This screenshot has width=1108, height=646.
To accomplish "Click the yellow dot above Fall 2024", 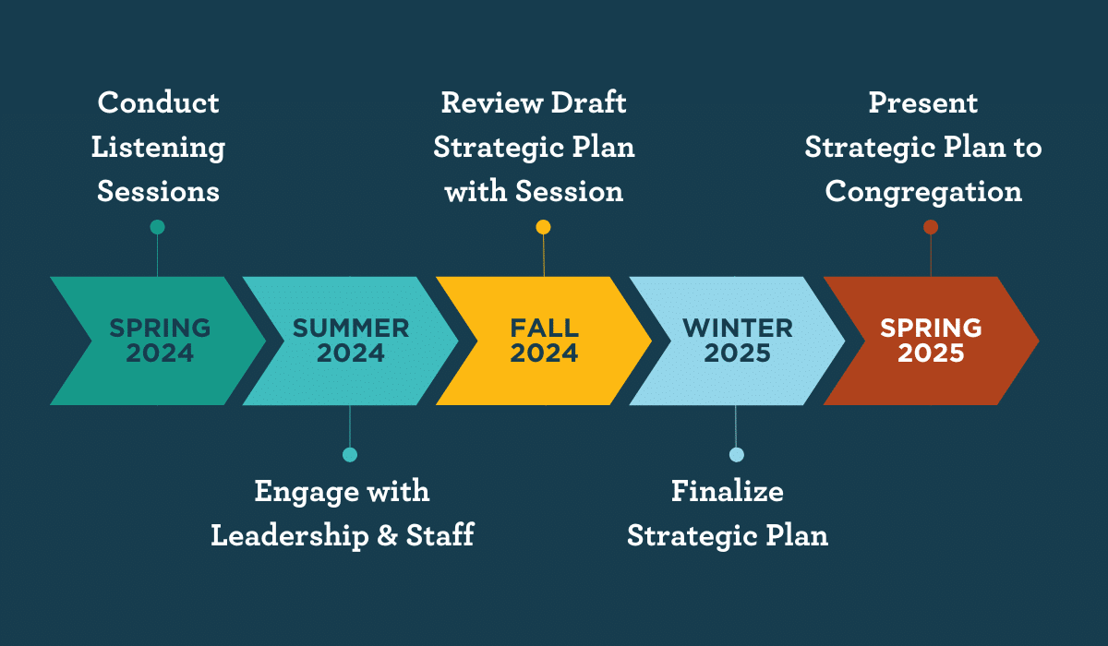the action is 543,227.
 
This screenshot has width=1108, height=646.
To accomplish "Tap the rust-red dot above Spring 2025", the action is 931,227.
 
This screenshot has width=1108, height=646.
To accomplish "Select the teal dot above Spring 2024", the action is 157,227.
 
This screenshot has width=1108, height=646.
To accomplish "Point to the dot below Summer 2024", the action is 350,455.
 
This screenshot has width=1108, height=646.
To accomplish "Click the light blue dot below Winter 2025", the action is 737,455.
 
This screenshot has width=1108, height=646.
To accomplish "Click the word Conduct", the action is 158,102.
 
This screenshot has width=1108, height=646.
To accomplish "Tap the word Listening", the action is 158,149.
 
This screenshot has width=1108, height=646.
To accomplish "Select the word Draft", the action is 589,102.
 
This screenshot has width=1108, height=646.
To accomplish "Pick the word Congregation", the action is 923,193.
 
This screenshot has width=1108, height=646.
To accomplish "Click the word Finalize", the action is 728,491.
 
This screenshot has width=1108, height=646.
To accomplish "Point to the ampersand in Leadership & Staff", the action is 387,535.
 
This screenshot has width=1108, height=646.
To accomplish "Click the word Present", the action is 923,102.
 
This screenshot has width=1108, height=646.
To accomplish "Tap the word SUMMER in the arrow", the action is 351,329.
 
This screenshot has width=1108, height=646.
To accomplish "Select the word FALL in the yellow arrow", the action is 544,329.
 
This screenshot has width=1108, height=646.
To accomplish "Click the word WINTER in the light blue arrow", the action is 738,329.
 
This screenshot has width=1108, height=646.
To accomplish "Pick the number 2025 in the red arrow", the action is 931,353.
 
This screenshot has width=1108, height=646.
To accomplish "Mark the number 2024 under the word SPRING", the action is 160,353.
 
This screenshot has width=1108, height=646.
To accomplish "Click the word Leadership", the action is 290,536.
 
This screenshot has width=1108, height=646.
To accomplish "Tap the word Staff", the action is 440,535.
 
